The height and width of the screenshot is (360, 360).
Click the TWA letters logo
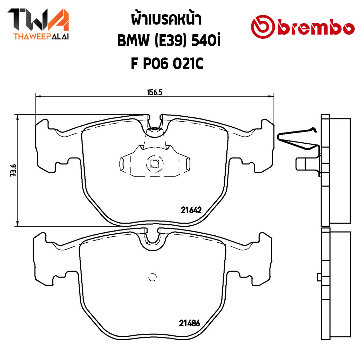click(x=38, y=20)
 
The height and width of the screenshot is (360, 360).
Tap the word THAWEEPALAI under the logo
click(x=41, y=37)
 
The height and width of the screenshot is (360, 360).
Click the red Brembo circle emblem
click(x=263, y=27)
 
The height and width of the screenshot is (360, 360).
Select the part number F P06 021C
click(x=167, y=64)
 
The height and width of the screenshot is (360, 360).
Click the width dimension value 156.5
click(x=154, y=92)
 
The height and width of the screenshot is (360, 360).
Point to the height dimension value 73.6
click(x=13, y=170)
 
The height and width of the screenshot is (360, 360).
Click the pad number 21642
click(x=191, y=210)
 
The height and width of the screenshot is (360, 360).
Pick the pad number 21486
click(x=189, y=323)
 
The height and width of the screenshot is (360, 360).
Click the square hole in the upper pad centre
click(x=154, y=164)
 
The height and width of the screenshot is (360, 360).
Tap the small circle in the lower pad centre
click(x=152, y=277)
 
